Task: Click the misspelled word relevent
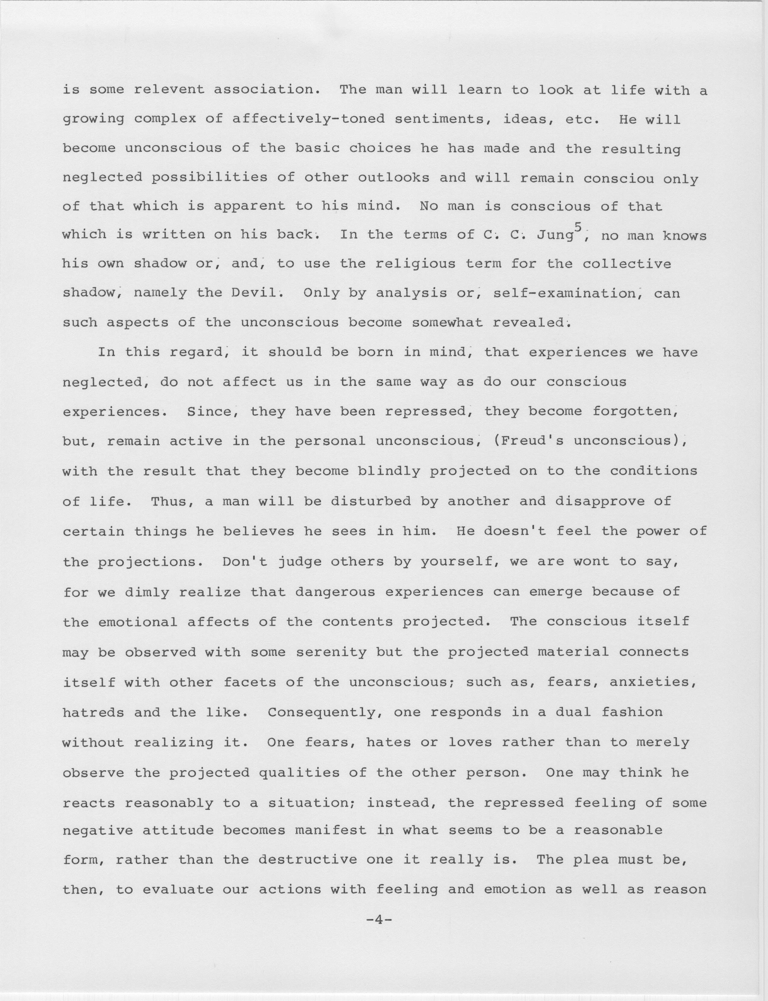[x=169, y=89]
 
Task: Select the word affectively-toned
[x=308, y=119]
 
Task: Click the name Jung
[x=554, y=236]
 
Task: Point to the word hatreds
[x=93, y=713]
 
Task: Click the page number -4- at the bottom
[x=380, y=919]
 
